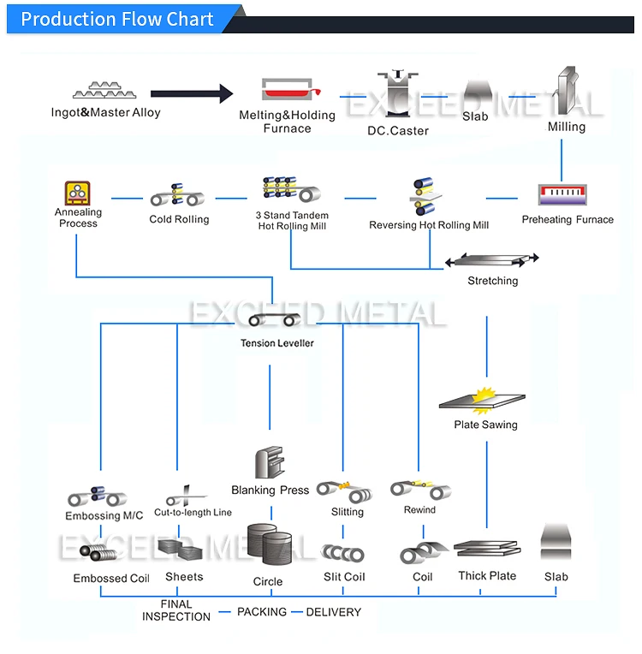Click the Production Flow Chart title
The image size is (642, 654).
[x=117, y=19]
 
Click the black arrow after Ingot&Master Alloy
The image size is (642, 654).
[x=192, y=93]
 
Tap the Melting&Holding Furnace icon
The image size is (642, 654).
[x=289, y=91]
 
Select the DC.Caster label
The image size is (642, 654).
[x=398, y=131]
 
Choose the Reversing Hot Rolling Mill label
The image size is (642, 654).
[x=429, y=225]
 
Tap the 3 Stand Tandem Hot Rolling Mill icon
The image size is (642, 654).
[x=291, y=189]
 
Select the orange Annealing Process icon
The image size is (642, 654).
[x=78, y=193]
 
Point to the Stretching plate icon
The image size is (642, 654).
[x=493, y=259]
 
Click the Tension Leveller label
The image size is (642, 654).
[x=276, y=343]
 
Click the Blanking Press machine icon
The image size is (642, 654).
[x=269, y=463]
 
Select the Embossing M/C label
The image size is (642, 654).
[x=104, y=516]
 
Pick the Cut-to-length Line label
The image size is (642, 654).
[x=193, y=513]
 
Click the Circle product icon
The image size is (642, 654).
[x=269, y=548]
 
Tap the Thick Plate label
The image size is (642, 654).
[x=487, y=576]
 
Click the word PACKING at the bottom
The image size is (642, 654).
[x=262, y=612]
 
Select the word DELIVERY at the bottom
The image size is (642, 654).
[x=333, y=612]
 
